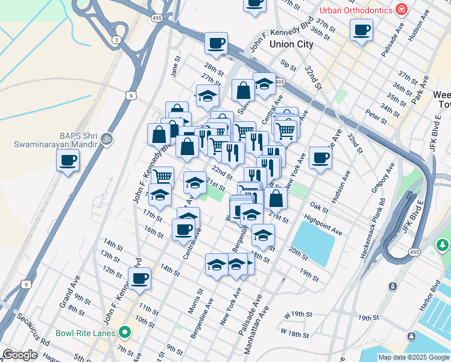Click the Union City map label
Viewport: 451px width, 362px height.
[274, 44]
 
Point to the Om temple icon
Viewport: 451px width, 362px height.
[107, 138]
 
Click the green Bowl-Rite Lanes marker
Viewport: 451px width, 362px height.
[125, 332]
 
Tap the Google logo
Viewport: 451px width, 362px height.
[19, 355]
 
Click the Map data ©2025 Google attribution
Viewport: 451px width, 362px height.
[413, 357]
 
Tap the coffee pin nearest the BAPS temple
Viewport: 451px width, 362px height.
[68, 160]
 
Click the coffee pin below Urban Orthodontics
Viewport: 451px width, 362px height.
[361, 30]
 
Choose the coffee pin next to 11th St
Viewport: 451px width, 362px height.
[139, 279]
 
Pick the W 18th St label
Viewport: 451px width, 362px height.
[295, 335]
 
